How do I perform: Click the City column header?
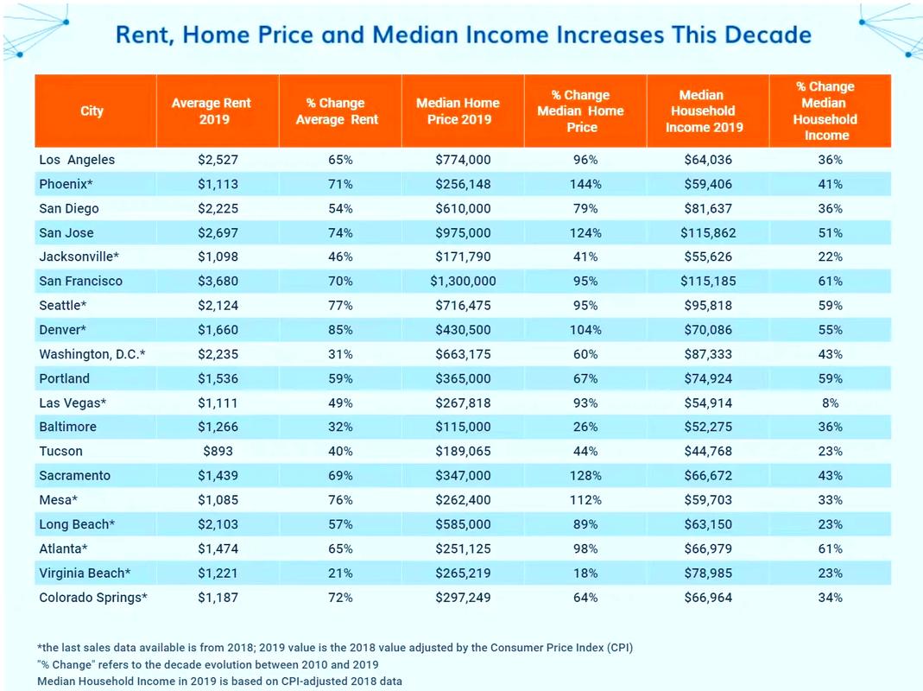tap(92, 111)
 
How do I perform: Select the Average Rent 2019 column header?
tap(212, 111)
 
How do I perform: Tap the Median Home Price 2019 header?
tap(458, 111)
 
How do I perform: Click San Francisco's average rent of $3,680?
tap(218, 281)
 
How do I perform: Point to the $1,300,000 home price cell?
tap(464, 281)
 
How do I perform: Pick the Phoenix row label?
tap(66, 184)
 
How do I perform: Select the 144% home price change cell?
tap(585, 184)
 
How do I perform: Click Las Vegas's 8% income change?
tap(830, 403)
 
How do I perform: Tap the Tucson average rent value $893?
tap(218, 451)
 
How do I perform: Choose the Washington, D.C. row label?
tap(92, 354)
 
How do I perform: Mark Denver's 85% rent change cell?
tap(340, 330)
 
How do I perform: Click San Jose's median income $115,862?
tap(708, 232)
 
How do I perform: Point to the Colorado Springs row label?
tap(93, 598)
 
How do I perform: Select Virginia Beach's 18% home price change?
tap(585, 574)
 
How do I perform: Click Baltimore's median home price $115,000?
tap(464, 427)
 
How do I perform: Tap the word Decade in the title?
tap(768, 35)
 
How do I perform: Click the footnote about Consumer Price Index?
tap(335, 648)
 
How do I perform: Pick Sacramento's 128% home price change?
tap(585, 475)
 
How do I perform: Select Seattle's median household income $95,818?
tap(708, 305)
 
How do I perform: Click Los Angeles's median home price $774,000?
tap(464, 160)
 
